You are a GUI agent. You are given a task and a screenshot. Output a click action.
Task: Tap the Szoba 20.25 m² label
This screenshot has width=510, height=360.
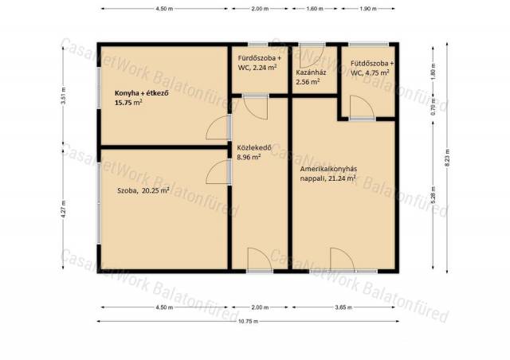tap(143, 190)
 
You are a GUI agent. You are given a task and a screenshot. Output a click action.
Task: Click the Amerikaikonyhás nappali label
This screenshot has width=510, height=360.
tap(328, 174)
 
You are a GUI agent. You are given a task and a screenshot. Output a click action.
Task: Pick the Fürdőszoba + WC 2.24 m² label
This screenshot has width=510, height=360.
tap(260, 63)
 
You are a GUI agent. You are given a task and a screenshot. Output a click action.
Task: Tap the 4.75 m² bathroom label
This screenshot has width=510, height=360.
tap(372, 68)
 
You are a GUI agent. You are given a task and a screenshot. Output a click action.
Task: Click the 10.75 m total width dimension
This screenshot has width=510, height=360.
tap(248, 321)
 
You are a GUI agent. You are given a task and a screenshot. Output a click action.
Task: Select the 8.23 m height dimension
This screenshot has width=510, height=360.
tap(447, 158)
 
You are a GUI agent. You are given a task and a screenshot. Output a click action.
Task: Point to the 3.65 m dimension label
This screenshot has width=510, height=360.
tap(343, 307)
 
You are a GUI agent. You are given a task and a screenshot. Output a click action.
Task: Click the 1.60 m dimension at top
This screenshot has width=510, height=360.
tap(315, 9)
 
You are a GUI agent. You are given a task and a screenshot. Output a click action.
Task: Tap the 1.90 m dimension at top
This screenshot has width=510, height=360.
tap(368, 9)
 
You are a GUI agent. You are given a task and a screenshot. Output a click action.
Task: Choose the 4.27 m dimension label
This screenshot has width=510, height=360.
tap(64, 209)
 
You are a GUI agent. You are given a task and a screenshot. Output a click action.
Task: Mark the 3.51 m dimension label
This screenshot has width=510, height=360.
tap(64, 96)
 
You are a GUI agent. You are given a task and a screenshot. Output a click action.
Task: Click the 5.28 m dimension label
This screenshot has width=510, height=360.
tap(433, 195)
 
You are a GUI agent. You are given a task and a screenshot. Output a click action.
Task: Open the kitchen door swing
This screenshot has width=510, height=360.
tap(218, 127)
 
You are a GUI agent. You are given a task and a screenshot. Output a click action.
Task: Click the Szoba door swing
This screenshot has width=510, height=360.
tap(218, 172)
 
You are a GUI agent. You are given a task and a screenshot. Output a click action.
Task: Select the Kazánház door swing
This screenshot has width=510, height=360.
tap(312, 55)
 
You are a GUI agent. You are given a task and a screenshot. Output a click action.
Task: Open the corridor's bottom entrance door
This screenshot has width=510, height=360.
tap(260, 260)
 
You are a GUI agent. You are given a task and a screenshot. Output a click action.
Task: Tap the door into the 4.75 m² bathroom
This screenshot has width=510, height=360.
tap(362, 108)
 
